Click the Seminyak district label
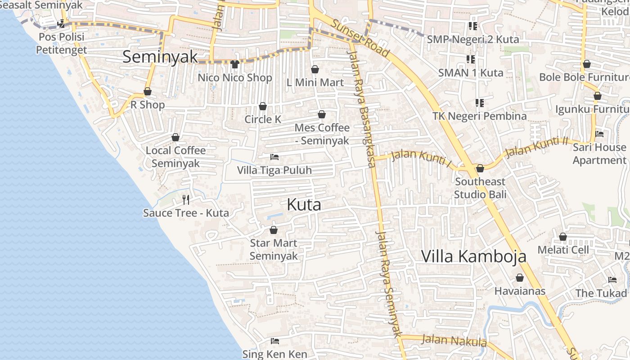(160, 57)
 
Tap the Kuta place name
(304, 205)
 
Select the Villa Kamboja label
(474, 256)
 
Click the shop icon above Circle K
(263, 106)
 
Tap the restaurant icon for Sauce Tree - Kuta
(186, 199)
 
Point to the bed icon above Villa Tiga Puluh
(274, 157)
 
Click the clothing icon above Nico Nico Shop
(234, 64)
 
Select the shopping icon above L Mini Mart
(315, 69)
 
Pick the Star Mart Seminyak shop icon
(273, 230)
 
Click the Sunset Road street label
(360, 38)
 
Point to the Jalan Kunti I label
(421, 157)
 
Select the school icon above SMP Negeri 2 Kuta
(472, 26)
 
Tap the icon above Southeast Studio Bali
(480, 168)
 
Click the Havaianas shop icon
(520, 278)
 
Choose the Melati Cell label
(563, 250)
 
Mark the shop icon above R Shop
(147, 92)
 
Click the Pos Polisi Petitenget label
(61, 43)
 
